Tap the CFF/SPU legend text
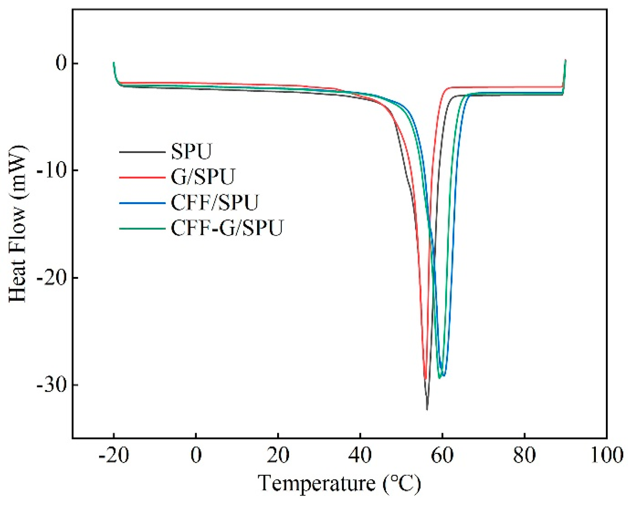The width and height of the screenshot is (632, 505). pyautogui.click(x=215, y=202)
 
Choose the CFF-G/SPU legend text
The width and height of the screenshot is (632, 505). pyautogui.click(x=227, y=228)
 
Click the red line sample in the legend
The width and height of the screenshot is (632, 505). pyautogui.click(x=142, y=177)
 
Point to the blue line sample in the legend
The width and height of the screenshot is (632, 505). pyautogui.click(x=142, y=203)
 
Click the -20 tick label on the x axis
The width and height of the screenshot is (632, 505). pyautogui.click(x=114, y=456)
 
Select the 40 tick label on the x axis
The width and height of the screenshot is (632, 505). pyautogui.click(x=360, y=456)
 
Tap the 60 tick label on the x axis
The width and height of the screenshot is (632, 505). pyautogui.click(x=442, y=456)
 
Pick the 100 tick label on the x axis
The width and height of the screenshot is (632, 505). pyautogui.click(x=606, y=456)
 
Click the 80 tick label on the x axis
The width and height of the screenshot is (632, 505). pyautogui.click(x=524, y=456)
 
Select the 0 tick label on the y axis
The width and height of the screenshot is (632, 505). pyautogui.click(x=61, y=64)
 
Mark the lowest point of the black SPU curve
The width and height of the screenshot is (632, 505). pyautogui.click(x=427, y=409)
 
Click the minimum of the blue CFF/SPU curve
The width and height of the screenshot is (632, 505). pyautogui.click(x=443, y=376)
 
